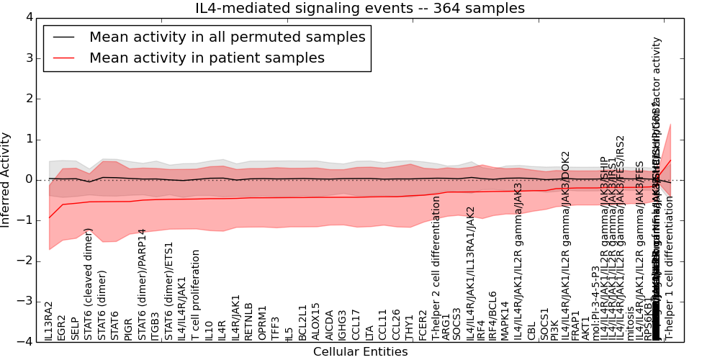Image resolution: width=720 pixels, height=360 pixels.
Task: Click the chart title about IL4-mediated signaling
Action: (x=360, y=9)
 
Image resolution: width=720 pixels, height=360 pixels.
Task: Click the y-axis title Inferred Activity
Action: (x=6, y=179)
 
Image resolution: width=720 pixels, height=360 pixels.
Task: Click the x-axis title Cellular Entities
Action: (x=360, y=352)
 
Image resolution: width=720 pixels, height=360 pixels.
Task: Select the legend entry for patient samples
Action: (x=207, y=58)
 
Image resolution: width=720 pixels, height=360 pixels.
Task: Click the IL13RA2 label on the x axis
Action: (x=49, y=321)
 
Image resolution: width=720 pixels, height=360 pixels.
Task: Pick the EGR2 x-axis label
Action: (x=62, y=326)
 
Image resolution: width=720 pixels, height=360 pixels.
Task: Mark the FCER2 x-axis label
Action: (x=423, y=325)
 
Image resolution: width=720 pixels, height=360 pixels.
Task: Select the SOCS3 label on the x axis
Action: (x=456, y=324)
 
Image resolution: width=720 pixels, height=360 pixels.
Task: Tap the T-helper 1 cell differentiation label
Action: (x=669, y=269)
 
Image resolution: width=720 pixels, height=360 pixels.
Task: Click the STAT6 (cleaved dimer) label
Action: (x=89, y=284)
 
